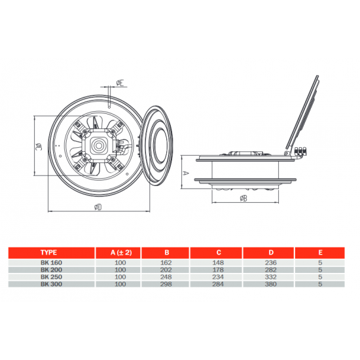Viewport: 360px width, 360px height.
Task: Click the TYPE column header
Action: (x=48, y=253)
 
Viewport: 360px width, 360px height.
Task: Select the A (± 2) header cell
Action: (x=121, y=253)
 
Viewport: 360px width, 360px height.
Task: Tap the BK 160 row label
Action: (x=52, y=262)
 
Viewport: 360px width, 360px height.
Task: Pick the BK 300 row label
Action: (x=52, y=284)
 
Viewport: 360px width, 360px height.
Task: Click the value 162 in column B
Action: (x=166, y=262)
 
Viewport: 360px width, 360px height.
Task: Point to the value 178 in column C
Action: (x=218, y=270)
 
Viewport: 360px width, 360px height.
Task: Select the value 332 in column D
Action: (x=271, y=277)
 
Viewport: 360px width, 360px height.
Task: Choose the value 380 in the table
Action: (x=271, y=284)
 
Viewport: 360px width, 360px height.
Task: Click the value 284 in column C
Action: (x=218, y=284)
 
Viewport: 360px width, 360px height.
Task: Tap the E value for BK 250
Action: (x=320, y=277)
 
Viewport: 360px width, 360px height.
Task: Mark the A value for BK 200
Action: (x=120, y=270)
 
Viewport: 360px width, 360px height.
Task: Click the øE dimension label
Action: (x=120, y=82)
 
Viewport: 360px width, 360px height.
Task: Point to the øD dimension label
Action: (x=98, y=207)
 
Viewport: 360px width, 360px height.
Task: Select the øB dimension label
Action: (x=243, y=198)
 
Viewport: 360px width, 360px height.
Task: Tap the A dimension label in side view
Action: (x=187, y=173)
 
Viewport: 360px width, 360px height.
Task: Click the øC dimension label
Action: (x=39, y=146)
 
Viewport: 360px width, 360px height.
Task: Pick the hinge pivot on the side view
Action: (x=286, y=153)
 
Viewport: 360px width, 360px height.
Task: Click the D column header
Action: (x=271, y=253)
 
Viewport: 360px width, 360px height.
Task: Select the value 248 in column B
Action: (x=166, y=277)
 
